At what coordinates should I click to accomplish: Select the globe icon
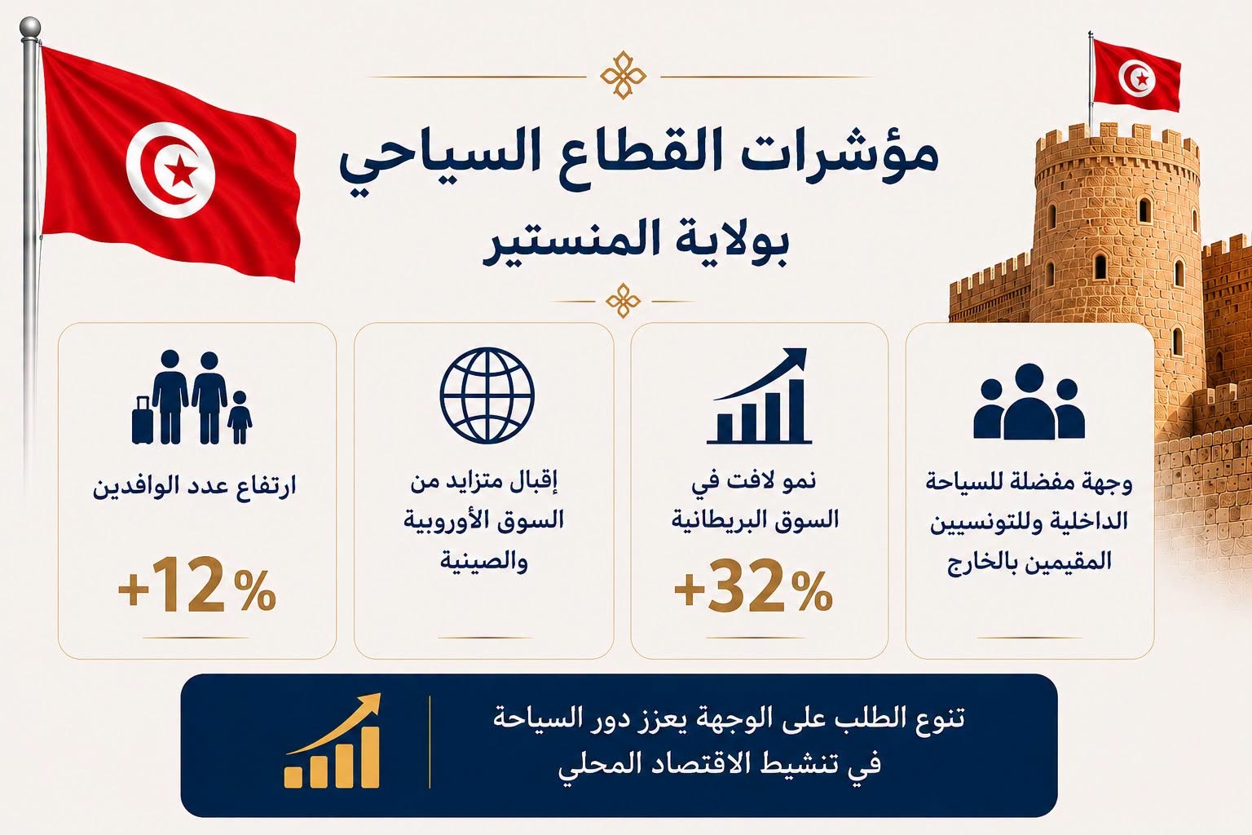coord(487,395)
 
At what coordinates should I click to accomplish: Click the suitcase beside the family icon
coord(142,420)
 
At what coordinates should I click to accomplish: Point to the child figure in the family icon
coord(240,417)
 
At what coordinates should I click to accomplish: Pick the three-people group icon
coord(1029,400)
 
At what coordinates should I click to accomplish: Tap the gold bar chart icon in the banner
coord(333,740)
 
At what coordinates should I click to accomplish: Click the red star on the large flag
coord(179,171)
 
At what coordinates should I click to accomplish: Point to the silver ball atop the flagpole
coord(29,26)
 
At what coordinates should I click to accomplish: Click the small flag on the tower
coord(1136,76)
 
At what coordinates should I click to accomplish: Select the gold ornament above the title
coord(623,75)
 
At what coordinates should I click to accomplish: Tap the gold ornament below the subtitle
coord(624,301)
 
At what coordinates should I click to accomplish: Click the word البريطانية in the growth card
coord(710,520)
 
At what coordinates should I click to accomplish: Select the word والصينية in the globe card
coord(484,560)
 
